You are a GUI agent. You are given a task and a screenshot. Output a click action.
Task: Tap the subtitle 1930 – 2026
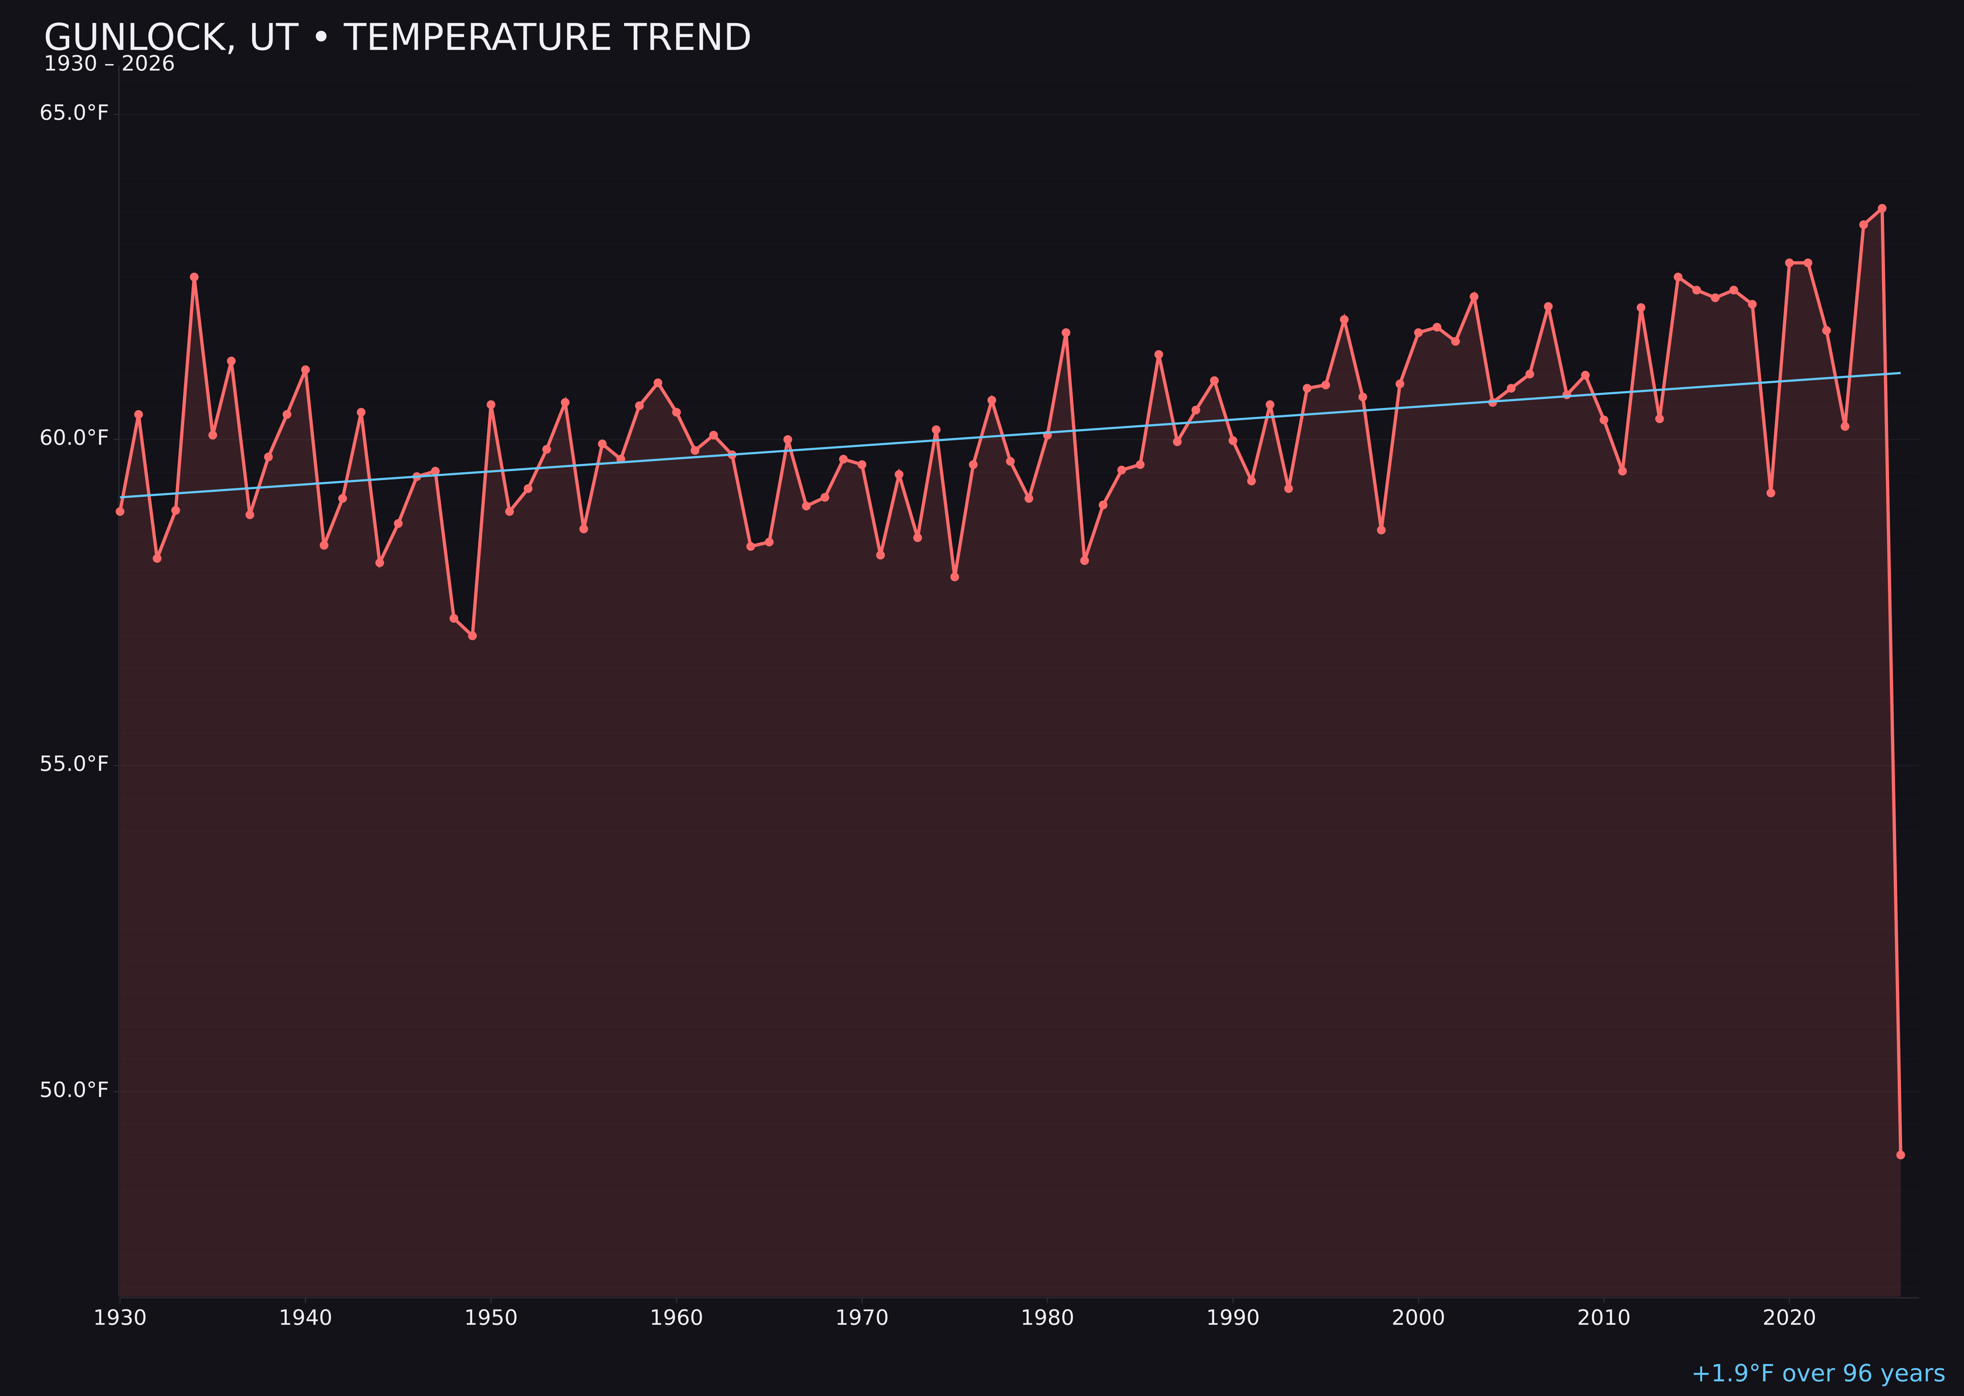click(109, 64)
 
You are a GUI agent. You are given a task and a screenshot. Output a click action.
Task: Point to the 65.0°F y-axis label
click(74, 113)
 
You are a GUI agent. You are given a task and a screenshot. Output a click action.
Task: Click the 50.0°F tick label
click(74, 1090)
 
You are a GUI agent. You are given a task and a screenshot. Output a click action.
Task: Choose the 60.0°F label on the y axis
click(74, 438)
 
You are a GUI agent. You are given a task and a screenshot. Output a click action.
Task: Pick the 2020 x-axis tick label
click(1789, 1318)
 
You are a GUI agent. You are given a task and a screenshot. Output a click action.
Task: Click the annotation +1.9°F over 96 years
click(1818, 1373)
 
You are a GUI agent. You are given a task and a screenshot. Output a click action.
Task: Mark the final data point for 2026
click(1900, 1154)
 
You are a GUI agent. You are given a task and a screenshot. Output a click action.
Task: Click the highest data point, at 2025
click(1882, 208)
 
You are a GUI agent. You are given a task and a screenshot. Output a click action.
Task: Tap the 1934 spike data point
click(194, 277)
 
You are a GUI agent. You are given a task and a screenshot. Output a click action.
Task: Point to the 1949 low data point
click(472, 635)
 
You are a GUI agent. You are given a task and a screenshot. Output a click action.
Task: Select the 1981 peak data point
click(1065, 333)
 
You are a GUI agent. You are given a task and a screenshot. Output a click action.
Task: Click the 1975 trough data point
click(955, 577)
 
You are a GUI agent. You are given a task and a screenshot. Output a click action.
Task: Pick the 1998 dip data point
click(1381, 530)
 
